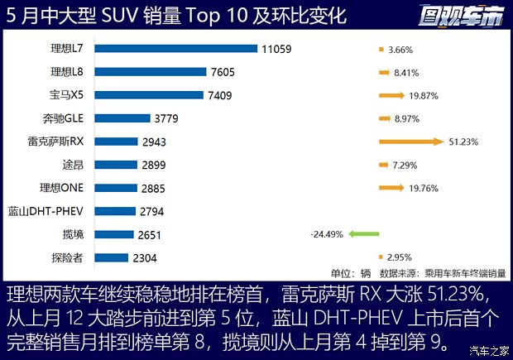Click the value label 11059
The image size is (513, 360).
(x=276, y=49)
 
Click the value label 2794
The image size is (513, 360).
(x=153, y=211)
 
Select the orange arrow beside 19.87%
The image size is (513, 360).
(x=391, y=95)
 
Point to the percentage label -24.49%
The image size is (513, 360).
(x=326, y=234)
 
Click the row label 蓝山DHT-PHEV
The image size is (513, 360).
(x=48, y=211)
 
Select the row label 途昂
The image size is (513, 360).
(x=73, y=165)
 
